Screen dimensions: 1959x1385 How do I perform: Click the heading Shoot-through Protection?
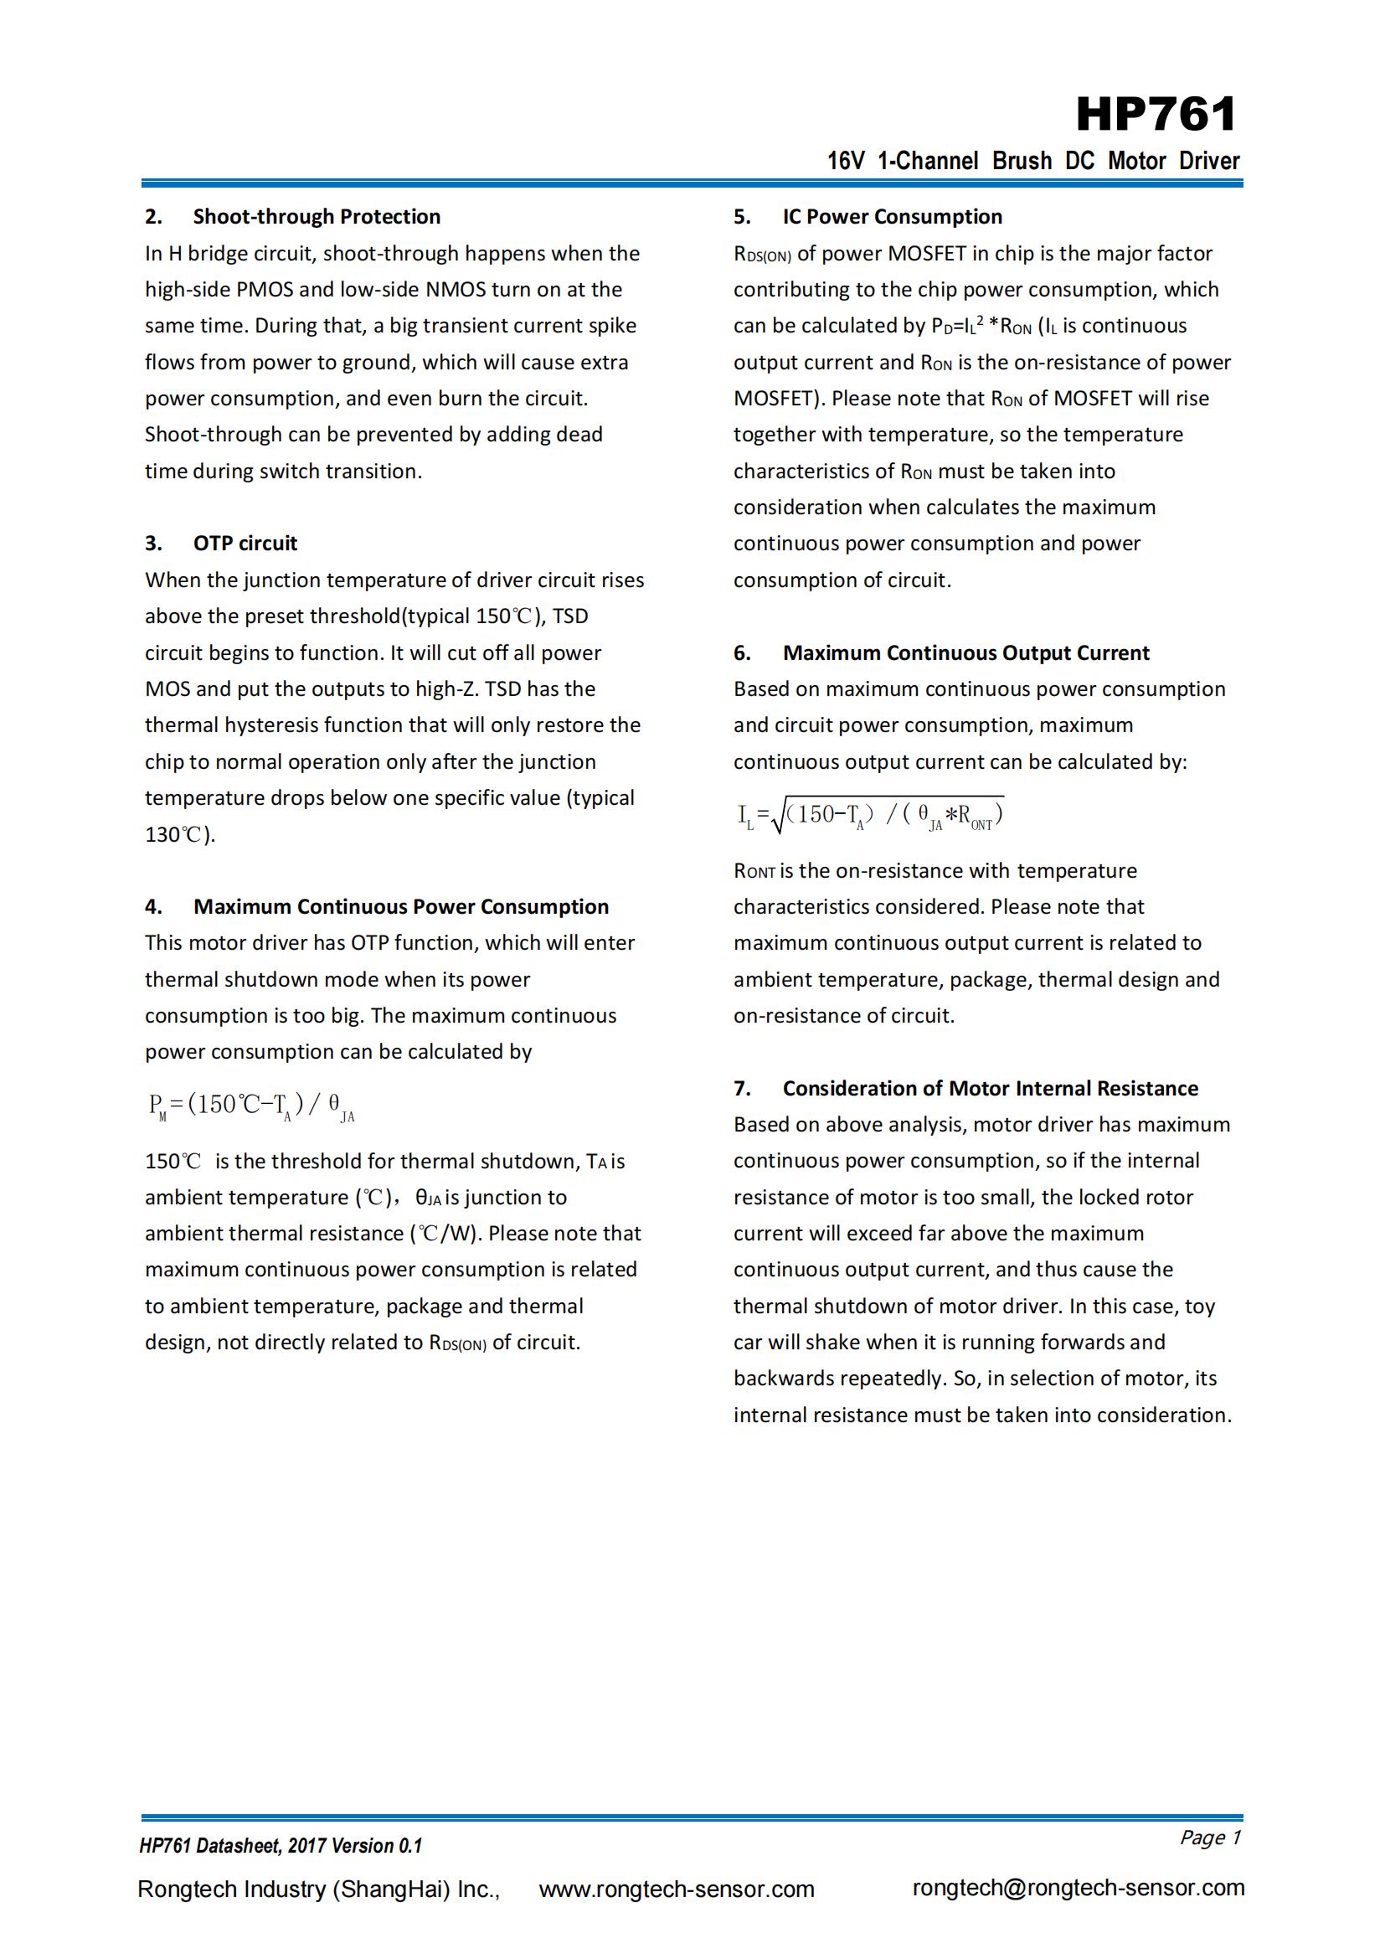[317, 217]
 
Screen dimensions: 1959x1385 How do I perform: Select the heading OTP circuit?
[245, 544]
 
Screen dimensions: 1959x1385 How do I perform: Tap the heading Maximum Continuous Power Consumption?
[401, 906]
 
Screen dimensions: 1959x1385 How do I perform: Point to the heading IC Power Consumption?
[892, 217]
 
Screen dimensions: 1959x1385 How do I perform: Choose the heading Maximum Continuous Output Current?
[965, 652]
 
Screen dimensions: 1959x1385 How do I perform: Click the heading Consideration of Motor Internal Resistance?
[990, 1088]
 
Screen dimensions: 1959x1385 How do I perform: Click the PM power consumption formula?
[251, 1106]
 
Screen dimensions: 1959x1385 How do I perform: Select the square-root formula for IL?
[870, 815]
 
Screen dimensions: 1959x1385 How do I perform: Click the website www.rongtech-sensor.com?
[677, 1889]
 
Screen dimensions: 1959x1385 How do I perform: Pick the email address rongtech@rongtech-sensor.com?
[1078, 1887]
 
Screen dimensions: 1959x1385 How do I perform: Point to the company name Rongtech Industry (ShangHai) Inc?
[318, 1889]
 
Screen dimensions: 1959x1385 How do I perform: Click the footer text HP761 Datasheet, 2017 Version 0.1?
[281, 1846]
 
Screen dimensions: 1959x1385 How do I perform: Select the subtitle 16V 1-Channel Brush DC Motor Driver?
[1032, 161]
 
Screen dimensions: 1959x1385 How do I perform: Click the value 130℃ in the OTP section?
[178, 834]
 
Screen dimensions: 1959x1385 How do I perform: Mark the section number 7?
[742, 1089]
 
